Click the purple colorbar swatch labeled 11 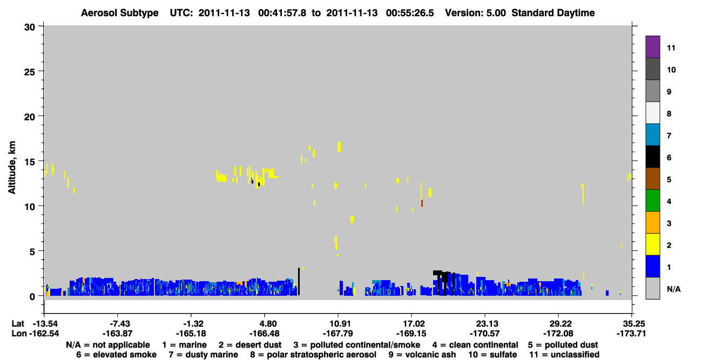[652, 46]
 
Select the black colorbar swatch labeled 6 [652, 157]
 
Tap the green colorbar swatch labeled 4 [652, 201]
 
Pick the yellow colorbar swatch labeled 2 [652, 244]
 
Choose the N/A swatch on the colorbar [652, 288]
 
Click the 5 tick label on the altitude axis [32, 252]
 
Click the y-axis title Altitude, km [12, 168]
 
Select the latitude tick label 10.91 [338, 324]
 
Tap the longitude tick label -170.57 [484, 334]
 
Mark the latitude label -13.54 [46, 324]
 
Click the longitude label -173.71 [631, 334]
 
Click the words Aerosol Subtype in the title [120, 13]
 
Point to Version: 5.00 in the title [475, 13]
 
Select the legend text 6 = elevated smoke [116, 355]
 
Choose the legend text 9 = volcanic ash [422, 355]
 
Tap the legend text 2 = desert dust [250, 345]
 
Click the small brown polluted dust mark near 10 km [422, 203]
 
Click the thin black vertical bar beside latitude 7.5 [299, 281]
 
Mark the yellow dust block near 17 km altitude [339, 147]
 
